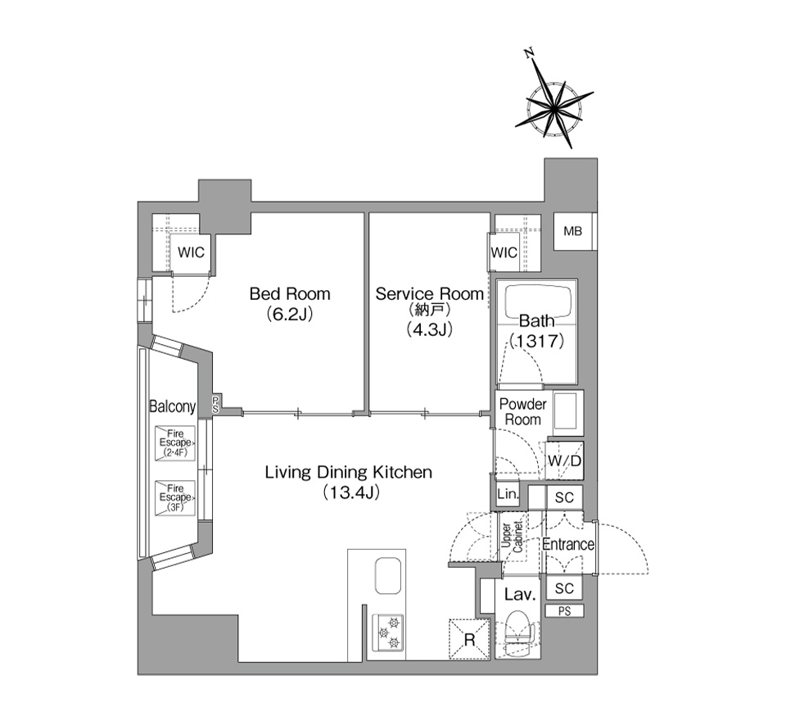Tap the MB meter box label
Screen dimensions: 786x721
(572, 231)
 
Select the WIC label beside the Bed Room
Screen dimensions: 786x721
(191, 252)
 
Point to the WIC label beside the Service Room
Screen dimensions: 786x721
(504, 252)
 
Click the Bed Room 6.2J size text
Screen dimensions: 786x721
(290, 314)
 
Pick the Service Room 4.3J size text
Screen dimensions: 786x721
(429, 329)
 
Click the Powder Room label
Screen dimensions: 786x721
(523, 412)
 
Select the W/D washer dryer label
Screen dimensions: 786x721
(564, 460)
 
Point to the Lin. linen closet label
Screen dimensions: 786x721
(508, 494)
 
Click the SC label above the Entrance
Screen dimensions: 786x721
(564, 497)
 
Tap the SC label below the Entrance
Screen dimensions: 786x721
(564, 588)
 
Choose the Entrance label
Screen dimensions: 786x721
(568, 544)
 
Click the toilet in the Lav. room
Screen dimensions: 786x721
(517, 633)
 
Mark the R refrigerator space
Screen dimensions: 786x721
(469, 639)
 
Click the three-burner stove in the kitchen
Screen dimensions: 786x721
(387, 633)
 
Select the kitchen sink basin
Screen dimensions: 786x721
(387, 577)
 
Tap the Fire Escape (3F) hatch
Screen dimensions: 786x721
(175, 497)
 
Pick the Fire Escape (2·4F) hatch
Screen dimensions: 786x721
(175, 443)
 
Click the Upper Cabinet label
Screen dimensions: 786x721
(513, 537)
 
